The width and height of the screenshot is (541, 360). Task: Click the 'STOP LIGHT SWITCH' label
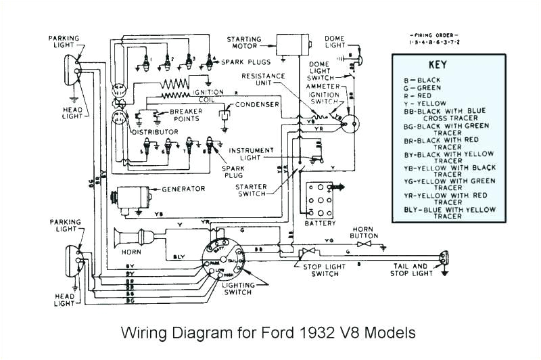coord(320,271)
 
